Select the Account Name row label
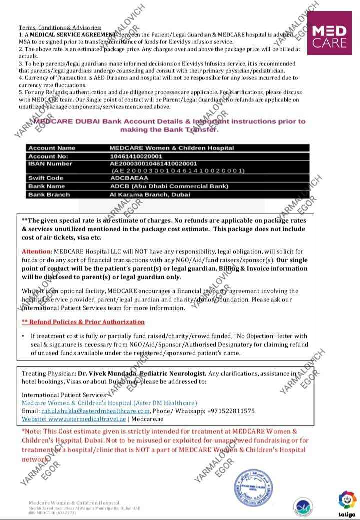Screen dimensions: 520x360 pos(52,148)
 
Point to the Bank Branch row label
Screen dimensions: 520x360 pos(49,194)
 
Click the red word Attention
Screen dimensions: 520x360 pos(36,251)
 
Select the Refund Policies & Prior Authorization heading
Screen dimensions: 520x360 pos(83,322)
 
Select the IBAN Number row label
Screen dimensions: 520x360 pos(50,164)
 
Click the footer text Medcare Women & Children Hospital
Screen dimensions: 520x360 pos(74,503)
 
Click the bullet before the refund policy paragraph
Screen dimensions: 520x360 pos(23,336)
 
